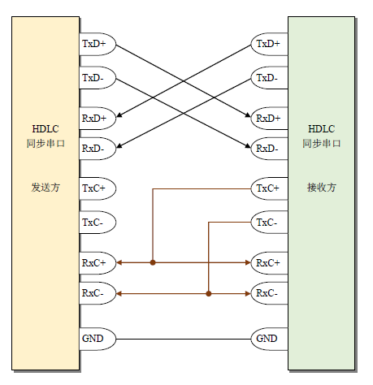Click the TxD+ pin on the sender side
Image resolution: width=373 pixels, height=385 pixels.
coord(98,44)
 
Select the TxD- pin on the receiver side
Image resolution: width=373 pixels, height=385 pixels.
coord(269,78)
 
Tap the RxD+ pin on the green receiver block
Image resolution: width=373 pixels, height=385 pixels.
coord(269,119)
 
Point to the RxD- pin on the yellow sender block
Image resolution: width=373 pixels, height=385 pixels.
coord(98,149)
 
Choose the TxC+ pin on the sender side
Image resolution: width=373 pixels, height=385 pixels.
coord(98,188)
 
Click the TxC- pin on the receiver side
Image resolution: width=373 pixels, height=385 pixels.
coord(269,223)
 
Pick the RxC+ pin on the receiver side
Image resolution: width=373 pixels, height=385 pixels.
coord(269,263)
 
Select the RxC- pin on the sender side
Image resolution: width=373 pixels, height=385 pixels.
coord(98,293)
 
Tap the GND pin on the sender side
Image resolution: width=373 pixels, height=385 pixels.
coord(98,339)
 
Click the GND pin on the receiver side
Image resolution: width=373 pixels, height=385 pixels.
coord(269,339)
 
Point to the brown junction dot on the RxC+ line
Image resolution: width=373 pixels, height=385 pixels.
coord(153,262)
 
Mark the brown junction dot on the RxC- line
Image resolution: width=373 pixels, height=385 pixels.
coord(209,293)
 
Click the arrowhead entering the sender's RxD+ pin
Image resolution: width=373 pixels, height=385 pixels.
coord(119,115)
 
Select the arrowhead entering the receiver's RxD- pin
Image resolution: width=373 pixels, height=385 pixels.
coord(248,145)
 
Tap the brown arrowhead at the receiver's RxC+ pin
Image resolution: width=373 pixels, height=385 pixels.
coord(248,262)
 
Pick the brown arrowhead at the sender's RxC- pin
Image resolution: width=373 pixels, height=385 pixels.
coord(119,293)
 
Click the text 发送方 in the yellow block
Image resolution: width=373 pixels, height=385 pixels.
coord(46,187)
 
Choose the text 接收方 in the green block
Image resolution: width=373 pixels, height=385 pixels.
coord(322,187)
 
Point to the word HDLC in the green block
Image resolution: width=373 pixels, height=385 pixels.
coord(322,129)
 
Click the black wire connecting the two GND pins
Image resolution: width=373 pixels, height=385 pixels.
coord(184,339)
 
